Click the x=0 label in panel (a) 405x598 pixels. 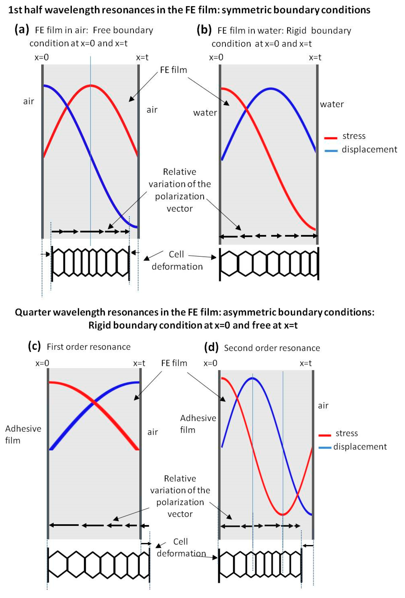(42, 57)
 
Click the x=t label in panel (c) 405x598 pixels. (139, 363)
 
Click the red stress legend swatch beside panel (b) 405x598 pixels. (331, 138)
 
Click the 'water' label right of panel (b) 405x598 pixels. (332, 104)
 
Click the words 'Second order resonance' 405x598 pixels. (272, 348)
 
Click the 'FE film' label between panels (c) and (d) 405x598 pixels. (174, 363)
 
